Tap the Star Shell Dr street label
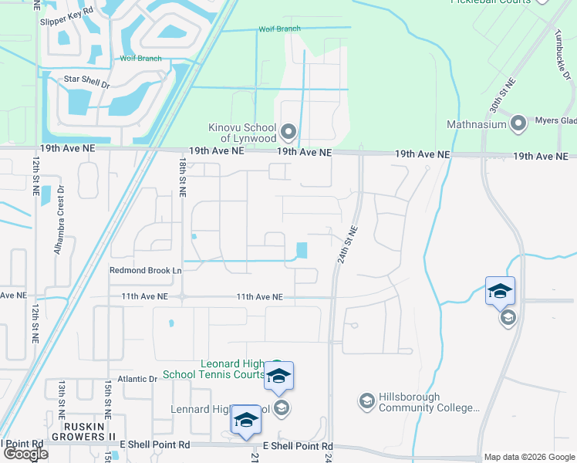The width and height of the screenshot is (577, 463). (86, 79)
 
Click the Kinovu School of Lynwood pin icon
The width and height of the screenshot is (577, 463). (288, 132)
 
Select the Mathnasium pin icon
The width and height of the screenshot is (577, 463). (518, 123)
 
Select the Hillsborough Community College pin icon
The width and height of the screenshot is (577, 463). (366, 401)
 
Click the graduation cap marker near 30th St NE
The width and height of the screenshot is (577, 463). (499, 292)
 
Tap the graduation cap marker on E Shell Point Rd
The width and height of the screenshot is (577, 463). (246, 421)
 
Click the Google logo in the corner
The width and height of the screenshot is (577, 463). (25, 454)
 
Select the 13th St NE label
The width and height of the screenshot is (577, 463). (60, 400)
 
